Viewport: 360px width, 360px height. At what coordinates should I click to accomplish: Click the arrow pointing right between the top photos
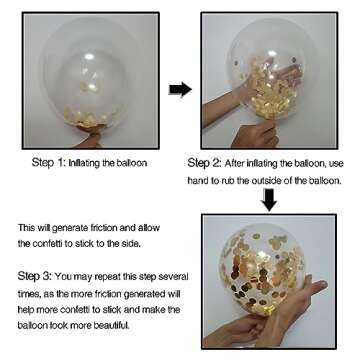(180, 89)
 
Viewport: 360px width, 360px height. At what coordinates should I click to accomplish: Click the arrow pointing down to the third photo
(269, 199)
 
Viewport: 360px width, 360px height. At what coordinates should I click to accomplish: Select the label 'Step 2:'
(204, 163)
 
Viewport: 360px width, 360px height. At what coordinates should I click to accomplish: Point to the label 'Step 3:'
(34, 276)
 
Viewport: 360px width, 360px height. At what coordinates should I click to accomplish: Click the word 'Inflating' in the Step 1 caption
(82, 163)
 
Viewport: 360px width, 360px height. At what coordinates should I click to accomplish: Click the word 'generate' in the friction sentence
(72, 228)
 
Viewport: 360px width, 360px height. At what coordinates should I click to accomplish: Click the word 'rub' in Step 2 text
(228, 181)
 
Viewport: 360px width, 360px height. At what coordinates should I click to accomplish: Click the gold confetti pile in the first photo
(87, 119)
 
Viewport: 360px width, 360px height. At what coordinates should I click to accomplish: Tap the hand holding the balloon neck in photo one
(87, 141)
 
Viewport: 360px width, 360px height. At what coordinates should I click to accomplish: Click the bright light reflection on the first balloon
(89, 57)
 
